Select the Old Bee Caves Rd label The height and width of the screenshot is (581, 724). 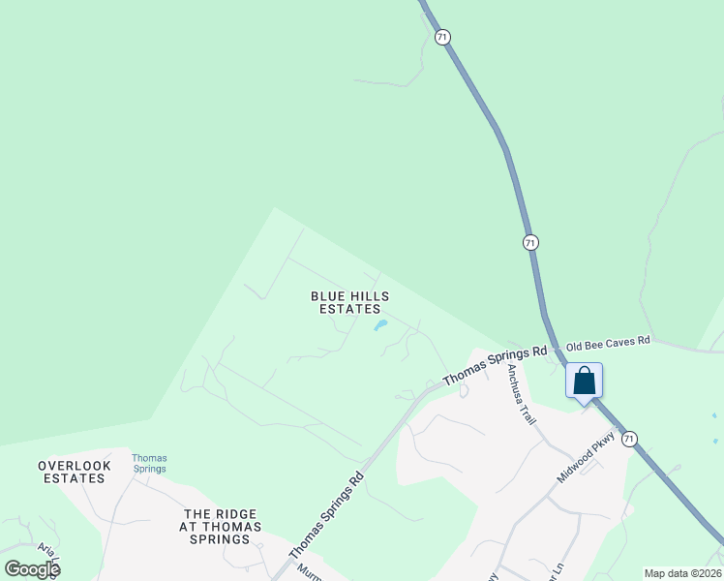608,344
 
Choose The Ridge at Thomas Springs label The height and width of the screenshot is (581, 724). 222,527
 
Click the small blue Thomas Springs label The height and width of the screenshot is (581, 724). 149,463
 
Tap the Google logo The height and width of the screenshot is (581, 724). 32,568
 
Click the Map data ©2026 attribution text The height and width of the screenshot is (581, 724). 682,572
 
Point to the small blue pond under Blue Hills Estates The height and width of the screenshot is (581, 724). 380,325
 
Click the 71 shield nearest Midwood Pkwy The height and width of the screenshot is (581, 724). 630,439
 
